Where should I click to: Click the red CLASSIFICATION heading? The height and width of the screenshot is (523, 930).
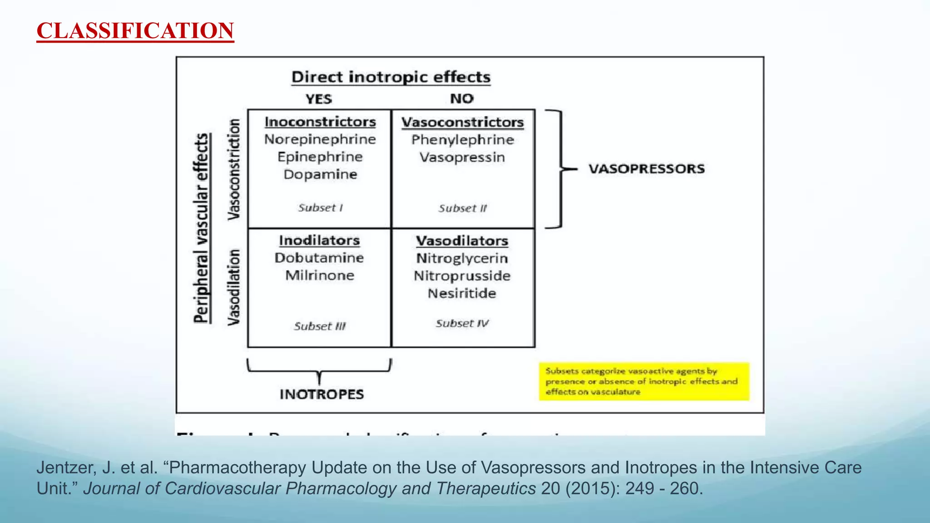135,31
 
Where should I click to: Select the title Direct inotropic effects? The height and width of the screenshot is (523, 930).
391,77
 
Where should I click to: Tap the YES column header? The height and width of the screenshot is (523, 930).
318,99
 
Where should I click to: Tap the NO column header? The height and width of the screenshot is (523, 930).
461,99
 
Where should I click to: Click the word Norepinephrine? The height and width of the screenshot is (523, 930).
320,139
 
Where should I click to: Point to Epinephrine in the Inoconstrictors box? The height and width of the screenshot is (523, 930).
320,157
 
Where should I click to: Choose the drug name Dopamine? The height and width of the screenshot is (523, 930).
320,174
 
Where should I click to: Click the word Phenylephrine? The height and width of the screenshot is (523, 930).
462,140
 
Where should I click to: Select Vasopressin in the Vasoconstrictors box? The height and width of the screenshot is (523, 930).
462,158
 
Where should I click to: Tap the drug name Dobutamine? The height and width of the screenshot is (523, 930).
319,258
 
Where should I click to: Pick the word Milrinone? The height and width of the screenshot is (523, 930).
319,276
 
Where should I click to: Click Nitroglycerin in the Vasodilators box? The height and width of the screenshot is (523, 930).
462,258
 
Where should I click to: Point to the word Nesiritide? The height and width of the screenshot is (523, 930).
462,293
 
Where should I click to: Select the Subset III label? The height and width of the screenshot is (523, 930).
319,326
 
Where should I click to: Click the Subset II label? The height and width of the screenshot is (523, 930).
462,208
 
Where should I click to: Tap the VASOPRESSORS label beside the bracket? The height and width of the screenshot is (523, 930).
647,169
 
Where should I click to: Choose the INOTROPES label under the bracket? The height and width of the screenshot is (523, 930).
322,394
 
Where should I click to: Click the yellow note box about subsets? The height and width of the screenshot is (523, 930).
643,381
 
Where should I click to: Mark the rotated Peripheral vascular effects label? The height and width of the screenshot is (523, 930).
202,228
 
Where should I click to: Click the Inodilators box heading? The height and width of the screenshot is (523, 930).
319,240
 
